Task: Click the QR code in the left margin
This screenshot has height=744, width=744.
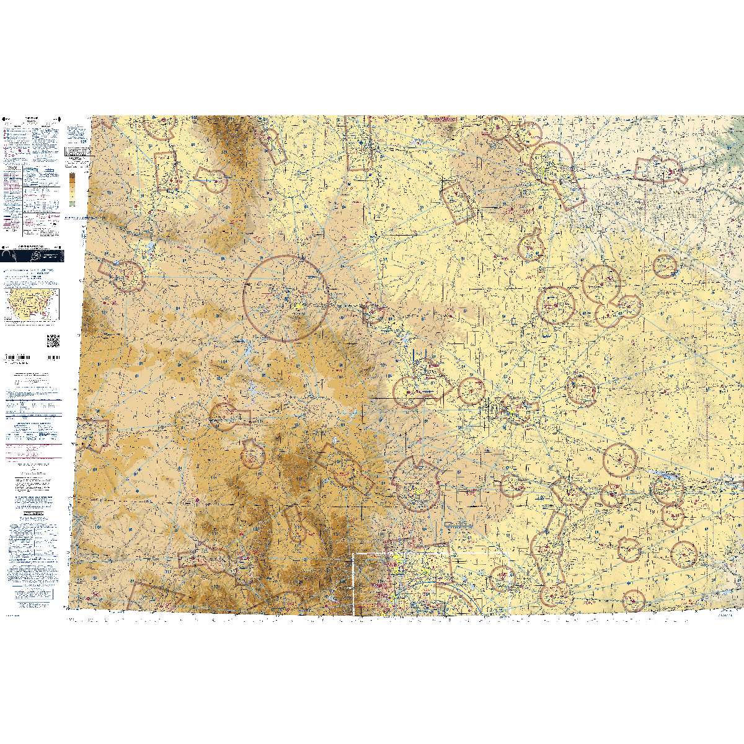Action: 53,340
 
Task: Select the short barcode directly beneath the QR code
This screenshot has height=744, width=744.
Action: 53,358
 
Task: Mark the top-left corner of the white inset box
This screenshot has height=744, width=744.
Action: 353,553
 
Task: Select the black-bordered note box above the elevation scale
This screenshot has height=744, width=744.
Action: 75,151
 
